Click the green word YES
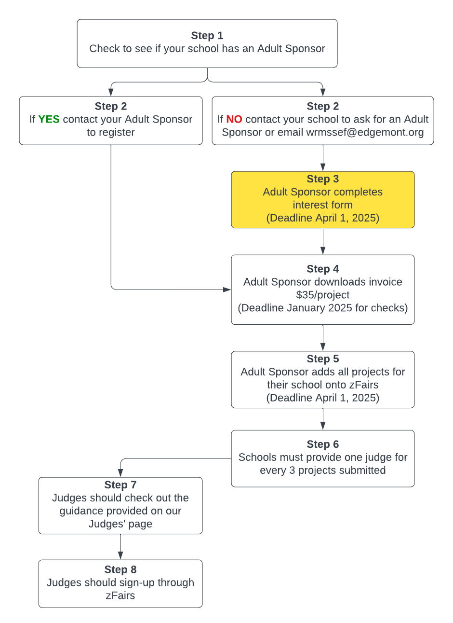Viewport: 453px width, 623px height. tap(49, 119)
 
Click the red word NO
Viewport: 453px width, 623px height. tap(234, 119)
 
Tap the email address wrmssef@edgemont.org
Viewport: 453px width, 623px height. tap(365, 132)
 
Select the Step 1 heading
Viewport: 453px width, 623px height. tap(207, 36)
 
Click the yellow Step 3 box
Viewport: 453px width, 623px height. tap(323, 200)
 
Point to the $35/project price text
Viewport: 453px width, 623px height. tap(323, 295)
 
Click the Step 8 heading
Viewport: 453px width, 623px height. tap(120, 569)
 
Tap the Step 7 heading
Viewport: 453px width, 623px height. tap(120, 485)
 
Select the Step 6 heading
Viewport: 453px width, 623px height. tap(323, 444)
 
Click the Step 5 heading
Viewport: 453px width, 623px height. tap(323, 359)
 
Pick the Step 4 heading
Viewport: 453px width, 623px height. tap(323, 269)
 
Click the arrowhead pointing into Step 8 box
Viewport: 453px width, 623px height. tap(120, 555)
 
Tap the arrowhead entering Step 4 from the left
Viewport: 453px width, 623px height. tap(227, 290)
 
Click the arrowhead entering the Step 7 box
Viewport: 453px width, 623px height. tap(120, 473)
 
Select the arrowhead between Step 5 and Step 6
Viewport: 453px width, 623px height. tap(323, 426)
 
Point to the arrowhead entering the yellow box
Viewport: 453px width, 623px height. tap(323, 167)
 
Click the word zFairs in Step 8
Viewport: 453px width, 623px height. tap(120, 596)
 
